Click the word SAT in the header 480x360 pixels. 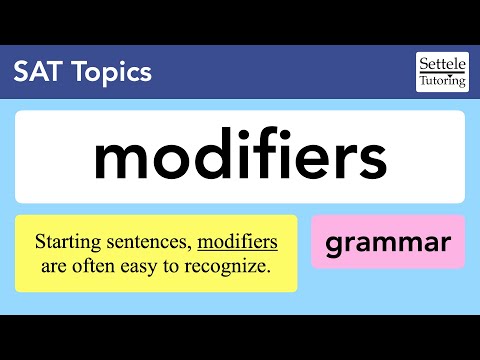click(x=35, y=72)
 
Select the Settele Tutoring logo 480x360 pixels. click(x=441, y=71)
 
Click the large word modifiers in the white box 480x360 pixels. click(x=240, y=156)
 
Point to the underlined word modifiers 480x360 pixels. click(x=237, y=242)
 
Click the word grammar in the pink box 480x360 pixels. click(x=388, y=242)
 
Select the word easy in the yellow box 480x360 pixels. click(x=145, y=267)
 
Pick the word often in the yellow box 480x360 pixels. click(x=98, y=266)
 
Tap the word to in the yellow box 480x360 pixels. click(x=175, y=267)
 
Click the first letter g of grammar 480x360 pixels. click(x=337, y=244)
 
